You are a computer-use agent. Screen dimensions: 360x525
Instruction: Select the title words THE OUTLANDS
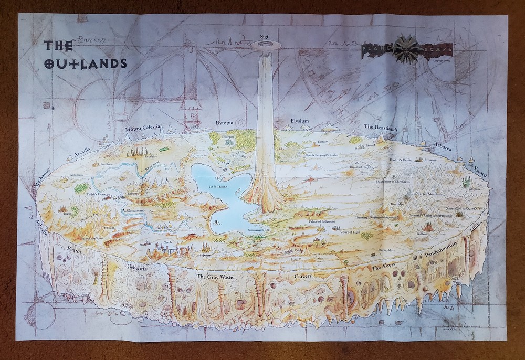point(84,54)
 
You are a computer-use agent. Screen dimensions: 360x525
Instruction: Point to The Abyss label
point(382,268)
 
